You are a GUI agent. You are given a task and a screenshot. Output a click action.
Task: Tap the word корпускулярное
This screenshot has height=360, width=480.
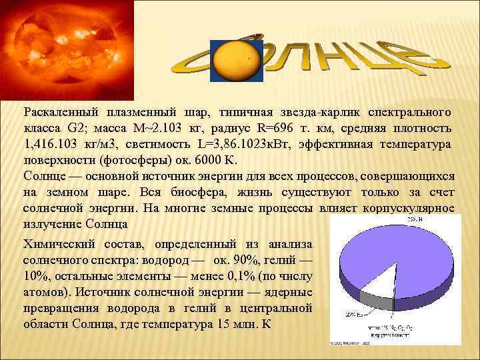click(408, 209)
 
